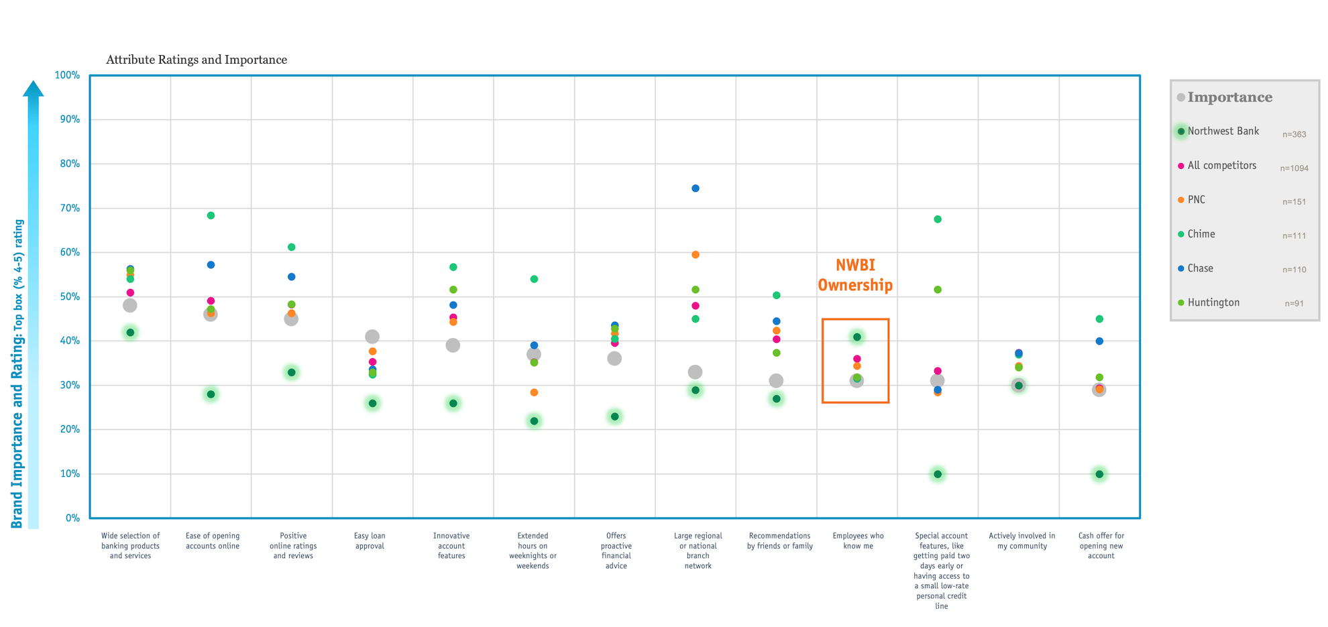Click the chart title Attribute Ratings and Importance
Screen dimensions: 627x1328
point(197,60)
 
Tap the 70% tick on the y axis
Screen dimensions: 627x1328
point(67,209)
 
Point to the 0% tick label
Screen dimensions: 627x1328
point(72,518)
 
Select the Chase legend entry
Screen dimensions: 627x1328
point(1200,268)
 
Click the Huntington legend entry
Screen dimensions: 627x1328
point(1213,302)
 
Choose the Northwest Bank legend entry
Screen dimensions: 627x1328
point(1223,131)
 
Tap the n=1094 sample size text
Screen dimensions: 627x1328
point(1294,168)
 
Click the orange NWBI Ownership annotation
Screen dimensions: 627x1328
point(855,276)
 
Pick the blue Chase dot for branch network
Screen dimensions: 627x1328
point(696,188)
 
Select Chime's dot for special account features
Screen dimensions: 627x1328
point(938,219)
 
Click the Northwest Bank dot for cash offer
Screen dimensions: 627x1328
point(1099,474)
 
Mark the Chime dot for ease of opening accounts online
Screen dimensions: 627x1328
point(211,215)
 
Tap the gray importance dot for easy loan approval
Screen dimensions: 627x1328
point(372,337)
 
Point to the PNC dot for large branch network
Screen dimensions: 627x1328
point(696,255)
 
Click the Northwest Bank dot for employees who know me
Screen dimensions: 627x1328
point(857,337)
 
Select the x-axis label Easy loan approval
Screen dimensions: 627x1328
point(370,541)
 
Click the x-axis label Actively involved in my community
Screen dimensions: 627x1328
point(1021,541)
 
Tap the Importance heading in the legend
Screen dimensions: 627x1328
point(1229,97)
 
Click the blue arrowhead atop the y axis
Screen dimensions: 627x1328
point(34,89)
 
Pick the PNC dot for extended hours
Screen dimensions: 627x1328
point(534,392)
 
